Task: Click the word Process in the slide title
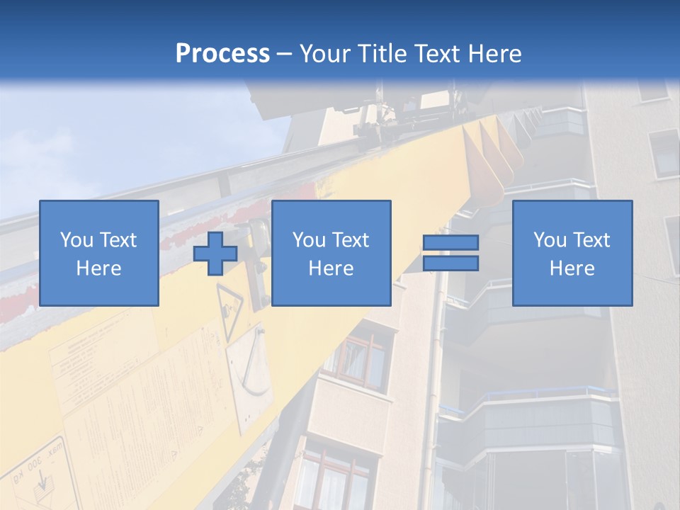coord(222,54)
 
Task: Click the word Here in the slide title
coord(496,54)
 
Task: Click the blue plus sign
coord(215,253)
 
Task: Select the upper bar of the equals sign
coord(450,242)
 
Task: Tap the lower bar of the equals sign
coord(450,263)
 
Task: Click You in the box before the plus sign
coord(76,240)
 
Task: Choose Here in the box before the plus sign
coord(98,268)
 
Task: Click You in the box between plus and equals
coord(309,240)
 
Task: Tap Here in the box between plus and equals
coord(331,268)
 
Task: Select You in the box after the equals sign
coord(550,240)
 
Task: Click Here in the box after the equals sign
coord(572,268)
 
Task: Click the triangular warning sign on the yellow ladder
coord(230,305)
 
